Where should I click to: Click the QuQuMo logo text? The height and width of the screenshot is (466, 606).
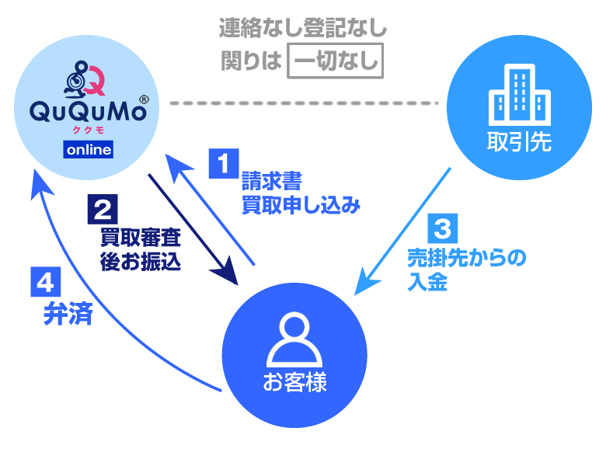coord(89,112)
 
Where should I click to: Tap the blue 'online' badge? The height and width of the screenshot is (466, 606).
coord(89,150)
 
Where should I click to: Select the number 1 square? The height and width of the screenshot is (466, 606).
coord(223,164)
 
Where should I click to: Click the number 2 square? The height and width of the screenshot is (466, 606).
coord(104,210)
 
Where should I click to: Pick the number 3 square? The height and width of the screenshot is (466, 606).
coord(442,229)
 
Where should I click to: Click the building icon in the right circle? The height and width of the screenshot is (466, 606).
coord(519,96)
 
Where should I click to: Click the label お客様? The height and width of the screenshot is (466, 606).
coord(294,382)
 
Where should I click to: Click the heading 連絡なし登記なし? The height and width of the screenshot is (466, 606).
coord(303,30)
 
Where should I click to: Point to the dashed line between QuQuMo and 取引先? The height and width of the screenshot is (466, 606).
coord(304,102)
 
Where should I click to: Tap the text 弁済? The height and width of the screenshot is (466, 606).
coord(68,315)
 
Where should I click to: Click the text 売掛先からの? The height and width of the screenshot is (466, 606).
coord(466,259)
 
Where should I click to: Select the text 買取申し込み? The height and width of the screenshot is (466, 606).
coord(301,206)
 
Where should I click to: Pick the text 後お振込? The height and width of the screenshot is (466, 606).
coord(141,262)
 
